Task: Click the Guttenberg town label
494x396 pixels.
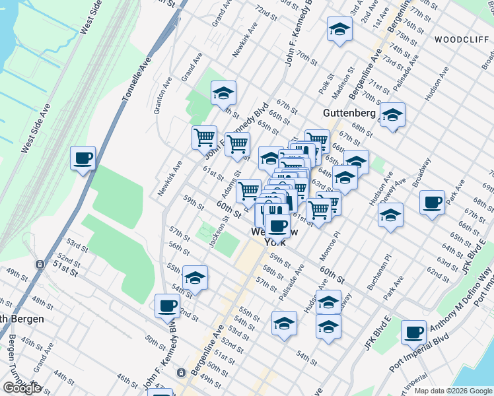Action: [x=349, y=113]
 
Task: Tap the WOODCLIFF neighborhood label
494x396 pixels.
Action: [x=461, y=40]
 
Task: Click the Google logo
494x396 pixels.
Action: [x=21, y=388]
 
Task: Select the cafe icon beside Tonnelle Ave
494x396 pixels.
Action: [x=83, y=158]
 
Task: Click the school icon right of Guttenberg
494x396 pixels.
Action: [x=392, y=115]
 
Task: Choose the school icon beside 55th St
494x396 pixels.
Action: [x=195, y=278]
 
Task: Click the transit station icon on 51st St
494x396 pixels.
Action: [x=40, y=264]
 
